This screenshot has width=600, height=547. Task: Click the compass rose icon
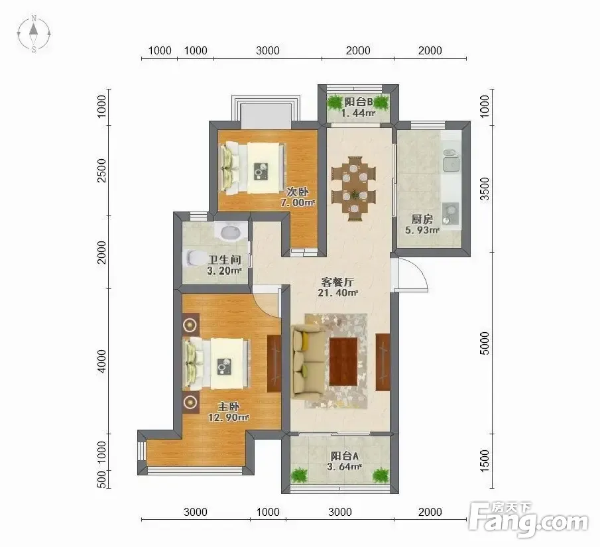(x=34, y=34)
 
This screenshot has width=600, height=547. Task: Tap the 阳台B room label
(x=358, y=102)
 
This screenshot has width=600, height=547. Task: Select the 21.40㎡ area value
(x=337, y=293)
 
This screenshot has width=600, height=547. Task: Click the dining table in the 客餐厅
(x=354, y=188)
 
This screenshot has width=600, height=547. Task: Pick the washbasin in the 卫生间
(x=229, y=231)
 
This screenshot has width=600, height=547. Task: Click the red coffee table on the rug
(x=343, y=361)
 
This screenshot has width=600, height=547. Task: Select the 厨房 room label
(x=422, y=219)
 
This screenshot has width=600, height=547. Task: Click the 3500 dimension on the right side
(x=485, y=189)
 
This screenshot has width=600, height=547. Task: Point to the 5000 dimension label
(x=485, y=343)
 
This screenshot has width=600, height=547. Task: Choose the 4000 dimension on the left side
(x=101, y=361)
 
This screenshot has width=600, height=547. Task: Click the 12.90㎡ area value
(x=229, y=417)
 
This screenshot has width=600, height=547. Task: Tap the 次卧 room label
(x=297, y=192)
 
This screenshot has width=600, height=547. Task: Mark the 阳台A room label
(x=345, y=456)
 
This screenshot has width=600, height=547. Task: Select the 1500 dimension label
(x=485, y=461)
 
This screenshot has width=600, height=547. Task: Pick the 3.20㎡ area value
(x=224, y=271)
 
